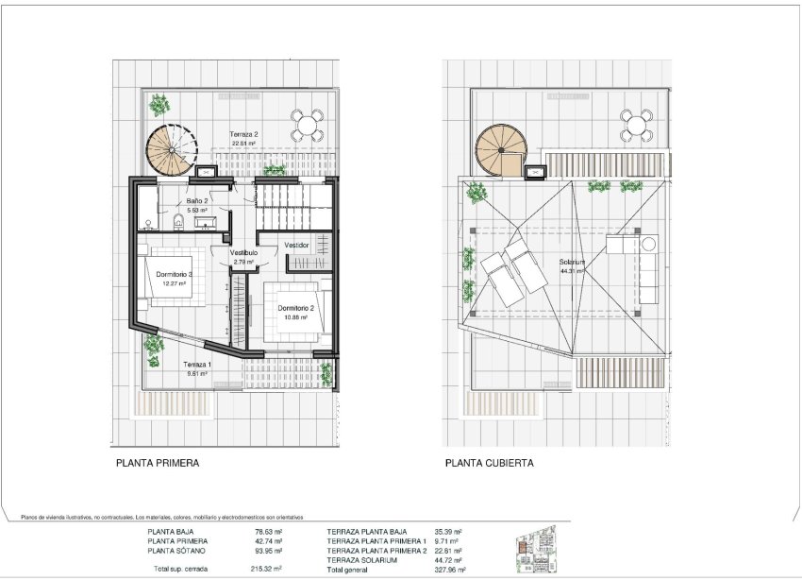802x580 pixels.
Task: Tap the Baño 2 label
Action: point(196,201)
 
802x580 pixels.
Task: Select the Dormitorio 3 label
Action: point(171,274)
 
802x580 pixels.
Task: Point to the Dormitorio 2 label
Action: point(295,308)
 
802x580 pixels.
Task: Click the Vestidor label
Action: point(297,245)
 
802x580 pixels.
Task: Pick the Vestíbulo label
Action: point(243,253)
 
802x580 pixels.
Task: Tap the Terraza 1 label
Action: point(197,365)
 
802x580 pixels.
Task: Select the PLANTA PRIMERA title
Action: point(158,464)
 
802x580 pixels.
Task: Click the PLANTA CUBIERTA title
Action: point(490,464)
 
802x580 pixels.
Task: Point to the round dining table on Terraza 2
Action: point(305,123)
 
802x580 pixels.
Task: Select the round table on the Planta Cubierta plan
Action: point(635,124)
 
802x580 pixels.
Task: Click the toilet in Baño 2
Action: point(177,222)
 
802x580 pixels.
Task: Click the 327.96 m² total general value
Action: point(449,570)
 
